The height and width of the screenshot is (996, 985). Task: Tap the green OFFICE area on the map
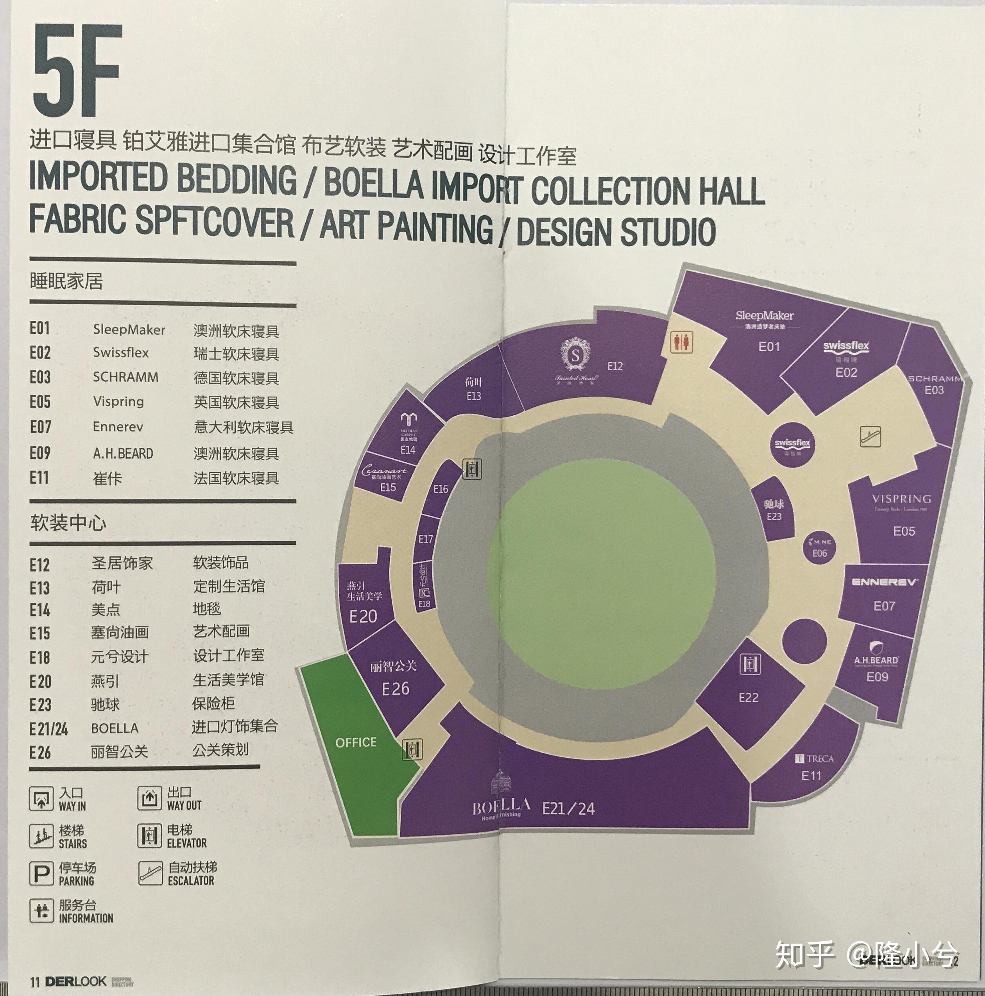[x=356, y=742]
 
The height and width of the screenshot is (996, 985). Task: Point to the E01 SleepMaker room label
[x=769, y=347]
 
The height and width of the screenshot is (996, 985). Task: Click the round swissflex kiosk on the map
[x=793, y=445]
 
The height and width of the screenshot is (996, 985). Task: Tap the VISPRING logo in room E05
[x=901, y=499]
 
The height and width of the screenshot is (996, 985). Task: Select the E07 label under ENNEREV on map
[x=884, y=606]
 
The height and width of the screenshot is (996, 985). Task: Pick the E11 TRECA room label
[x=811, y=775]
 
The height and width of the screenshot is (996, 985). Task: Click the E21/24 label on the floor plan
[x=568, y=808]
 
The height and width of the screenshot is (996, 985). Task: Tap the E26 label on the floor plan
[x=396, y=689]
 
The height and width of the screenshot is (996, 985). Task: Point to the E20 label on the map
[x=364, y=617]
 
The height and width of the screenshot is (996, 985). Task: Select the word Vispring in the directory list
[x=118, y=402]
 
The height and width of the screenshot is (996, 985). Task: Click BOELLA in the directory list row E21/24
[x=115, y=728]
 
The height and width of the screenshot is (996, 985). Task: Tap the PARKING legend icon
[x=41, y=873]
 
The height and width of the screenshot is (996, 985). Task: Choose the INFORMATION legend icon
[x=41, y=911]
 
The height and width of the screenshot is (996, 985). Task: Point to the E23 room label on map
[x=774, y=516]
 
